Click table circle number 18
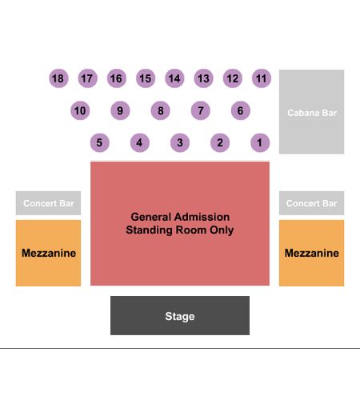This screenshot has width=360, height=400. coord(58,78)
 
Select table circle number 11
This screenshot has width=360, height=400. coord(262,78)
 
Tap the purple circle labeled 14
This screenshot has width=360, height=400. coord(174,78)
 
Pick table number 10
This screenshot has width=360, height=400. coord(80,110)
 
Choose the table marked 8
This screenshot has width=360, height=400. coord(161,110)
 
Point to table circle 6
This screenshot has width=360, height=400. coord(241,110)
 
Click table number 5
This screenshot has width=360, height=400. coord(100,142)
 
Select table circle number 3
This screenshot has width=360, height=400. coord(180,142)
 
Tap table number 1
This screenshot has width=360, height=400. coord(260,142)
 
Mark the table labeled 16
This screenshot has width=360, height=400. coord(117,78)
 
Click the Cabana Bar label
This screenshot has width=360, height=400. coord(312,113)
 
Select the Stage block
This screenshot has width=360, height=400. coord(180,315)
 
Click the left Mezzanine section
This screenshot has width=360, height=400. coord(48,253)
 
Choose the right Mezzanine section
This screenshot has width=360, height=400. coord(311,253)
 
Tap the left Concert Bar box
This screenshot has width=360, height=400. coord(48,203)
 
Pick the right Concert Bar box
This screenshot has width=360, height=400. coord(311,203)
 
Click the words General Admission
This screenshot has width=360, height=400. coord(180,217)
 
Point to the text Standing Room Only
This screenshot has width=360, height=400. coord(180,230)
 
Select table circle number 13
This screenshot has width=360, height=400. coord(203,78)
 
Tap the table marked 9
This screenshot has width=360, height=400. coord(120,110)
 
